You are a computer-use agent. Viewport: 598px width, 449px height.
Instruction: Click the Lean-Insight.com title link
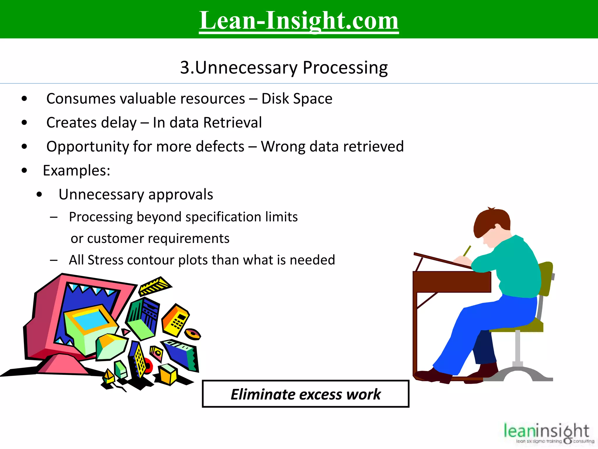click(299, 20)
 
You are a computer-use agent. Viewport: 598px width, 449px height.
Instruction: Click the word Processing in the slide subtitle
click(345, 68)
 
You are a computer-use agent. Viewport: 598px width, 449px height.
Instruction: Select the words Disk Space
click(297, 99)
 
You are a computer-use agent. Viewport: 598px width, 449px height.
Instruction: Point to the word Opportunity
click(87, 147)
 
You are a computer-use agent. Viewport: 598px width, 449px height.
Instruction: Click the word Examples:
click(77, 171)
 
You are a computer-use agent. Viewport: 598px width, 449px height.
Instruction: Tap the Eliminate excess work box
click(305, 394)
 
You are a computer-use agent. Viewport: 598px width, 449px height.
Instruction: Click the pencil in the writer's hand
click(467, 251)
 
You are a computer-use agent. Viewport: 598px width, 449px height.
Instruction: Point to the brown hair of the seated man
click(491, 219)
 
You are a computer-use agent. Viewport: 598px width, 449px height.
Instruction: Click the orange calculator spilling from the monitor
click(175, 320)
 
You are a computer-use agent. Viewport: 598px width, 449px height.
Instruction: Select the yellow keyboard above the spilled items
click(155, 285)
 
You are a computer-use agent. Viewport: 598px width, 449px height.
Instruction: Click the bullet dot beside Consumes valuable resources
click(25, 99)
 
